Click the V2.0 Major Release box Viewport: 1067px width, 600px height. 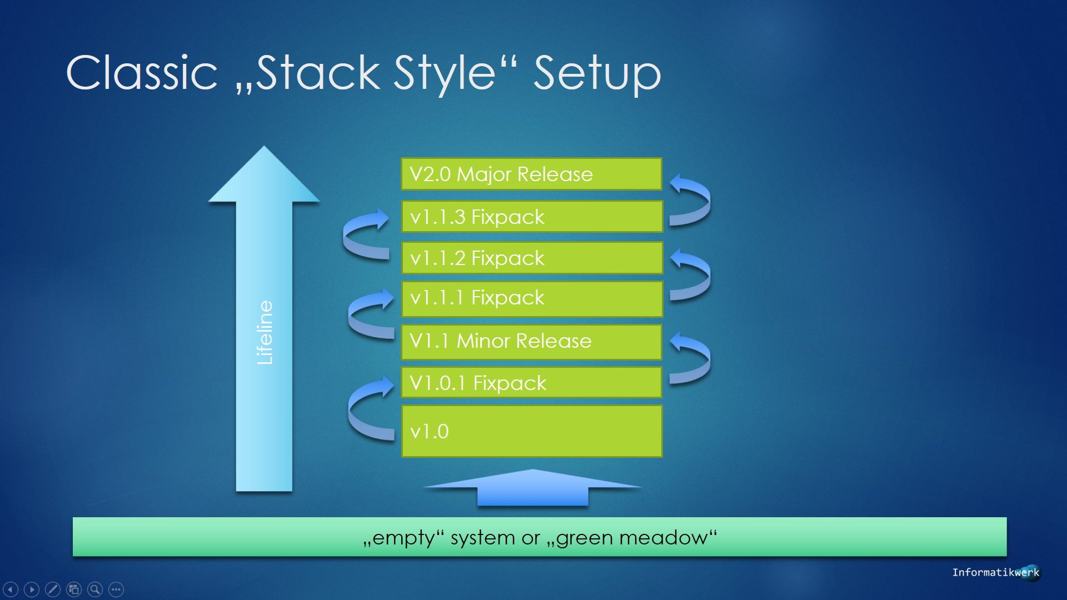pos(532,174)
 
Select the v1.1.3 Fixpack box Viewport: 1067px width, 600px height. pos(532,217)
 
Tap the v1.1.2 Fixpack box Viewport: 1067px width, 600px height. pos(532,258)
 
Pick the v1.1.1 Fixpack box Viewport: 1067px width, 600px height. pos(532,299)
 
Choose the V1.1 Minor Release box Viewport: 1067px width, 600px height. pos(532,342)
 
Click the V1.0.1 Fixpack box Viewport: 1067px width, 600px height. pos(532,383)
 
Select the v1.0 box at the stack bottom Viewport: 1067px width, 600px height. pos(532,431)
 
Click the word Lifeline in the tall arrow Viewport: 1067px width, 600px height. pos(265,333)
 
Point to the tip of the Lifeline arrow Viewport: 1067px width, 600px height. pos(264,146)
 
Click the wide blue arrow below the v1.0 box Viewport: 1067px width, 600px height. pos(532,488)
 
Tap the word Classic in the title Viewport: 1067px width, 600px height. pos(142,73)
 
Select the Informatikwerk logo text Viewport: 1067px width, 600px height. pos(995,572)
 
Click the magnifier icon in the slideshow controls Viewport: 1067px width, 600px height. pos(95,589)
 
